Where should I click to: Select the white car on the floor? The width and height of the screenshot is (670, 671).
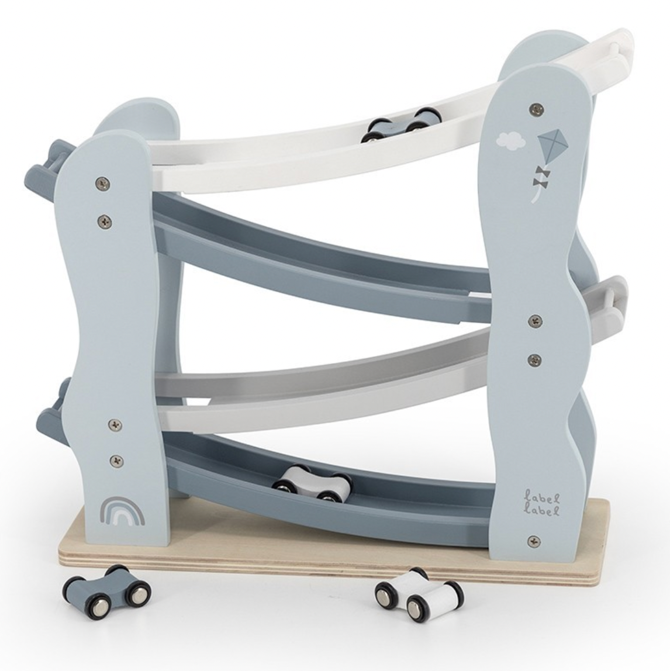tap(418, 593)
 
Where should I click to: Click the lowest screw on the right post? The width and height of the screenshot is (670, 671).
tap(533, 541)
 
